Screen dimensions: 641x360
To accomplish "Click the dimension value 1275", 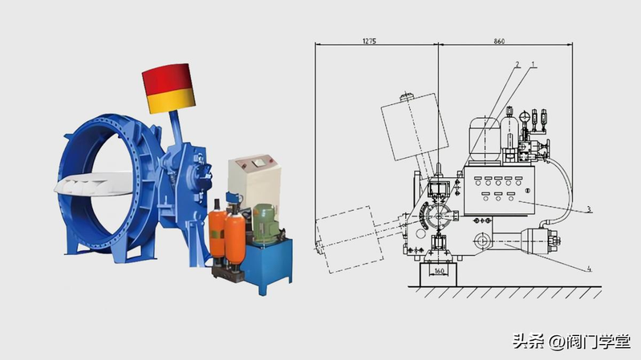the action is click(369, 41).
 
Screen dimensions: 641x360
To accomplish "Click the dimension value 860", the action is click(499, 41).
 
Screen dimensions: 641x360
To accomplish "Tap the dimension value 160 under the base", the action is click(439, 271).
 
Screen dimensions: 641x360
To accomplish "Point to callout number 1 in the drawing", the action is click(533, 65).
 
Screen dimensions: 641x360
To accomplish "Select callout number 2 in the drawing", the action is click(517, 65).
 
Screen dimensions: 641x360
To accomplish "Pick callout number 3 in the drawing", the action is click(589, 209).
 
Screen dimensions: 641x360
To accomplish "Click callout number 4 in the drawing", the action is click(589, 269).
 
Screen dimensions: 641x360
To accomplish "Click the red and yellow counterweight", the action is click(168, 88).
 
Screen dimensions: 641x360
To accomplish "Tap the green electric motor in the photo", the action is click(266, 224).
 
